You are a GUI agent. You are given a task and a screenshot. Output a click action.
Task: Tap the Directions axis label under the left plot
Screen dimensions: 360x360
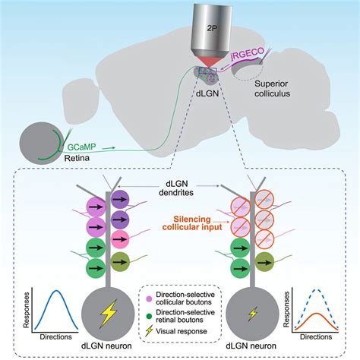coord(55,333)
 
